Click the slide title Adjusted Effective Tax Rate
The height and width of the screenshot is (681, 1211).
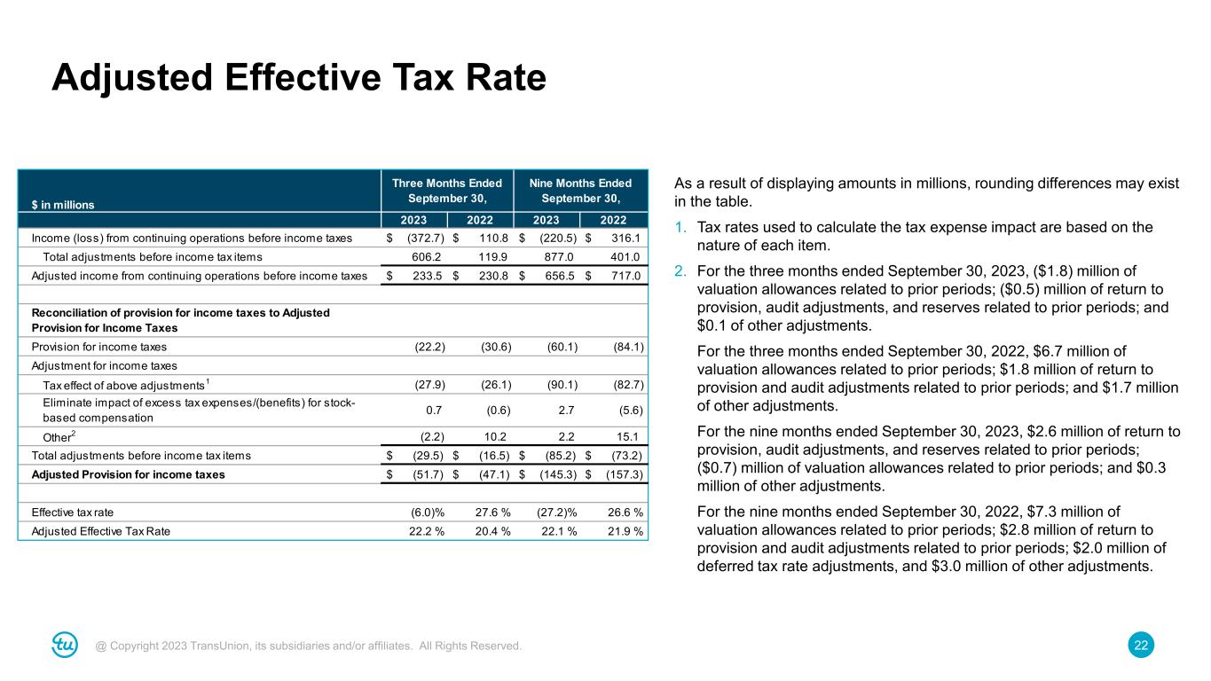pos(298,79)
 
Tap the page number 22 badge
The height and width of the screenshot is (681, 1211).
pos(1142,646)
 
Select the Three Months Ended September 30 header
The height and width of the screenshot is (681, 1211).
pos(447,191)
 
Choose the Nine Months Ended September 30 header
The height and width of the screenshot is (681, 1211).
pos(580,191)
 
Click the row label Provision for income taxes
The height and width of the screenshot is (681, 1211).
pos(99,347)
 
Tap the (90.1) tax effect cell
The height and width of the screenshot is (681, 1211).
pos(559,385)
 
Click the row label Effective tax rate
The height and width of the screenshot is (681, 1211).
pos(73,513)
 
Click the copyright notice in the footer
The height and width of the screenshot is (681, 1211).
pos(309,646)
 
